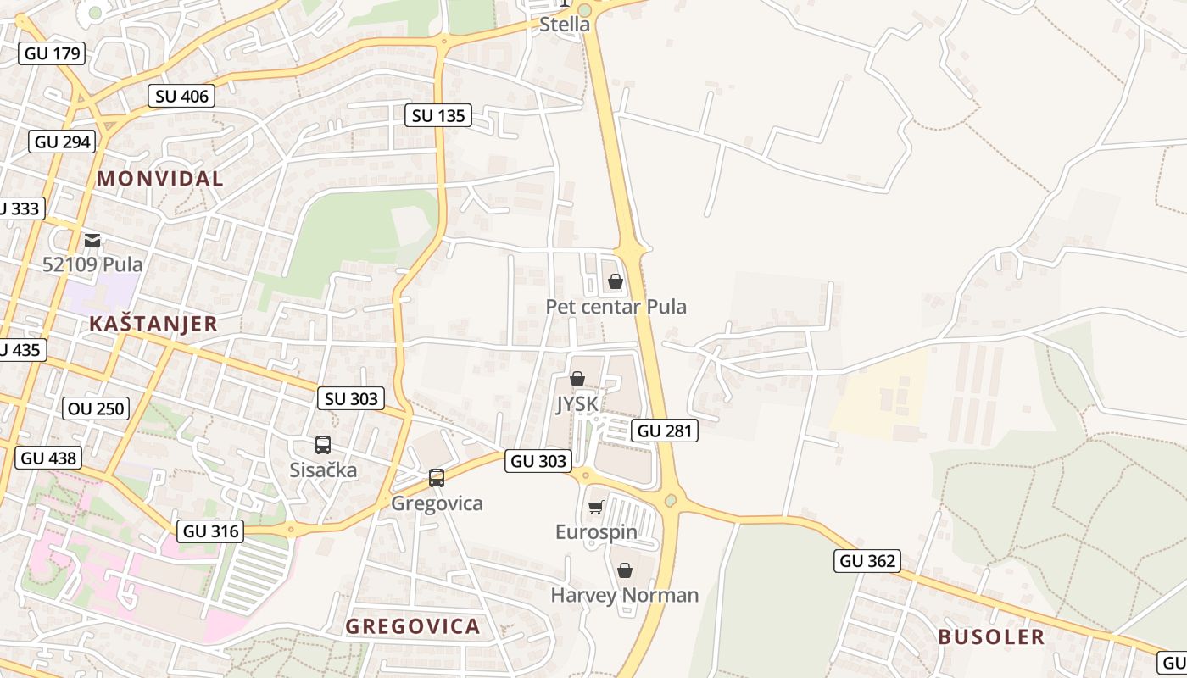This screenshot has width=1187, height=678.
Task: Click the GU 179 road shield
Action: [x=53, y=53]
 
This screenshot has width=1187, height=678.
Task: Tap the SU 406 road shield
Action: [x=181, y=96]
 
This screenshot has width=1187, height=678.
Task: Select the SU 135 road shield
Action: [x=438, y=115]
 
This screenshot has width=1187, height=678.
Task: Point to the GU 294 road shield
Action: [x=63, y=142]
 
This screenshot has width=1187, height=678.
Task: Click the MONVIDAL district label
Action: [x=160, y=179]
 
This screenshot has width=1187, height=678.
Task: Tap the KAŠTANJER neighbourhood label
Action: [x=153, y=324]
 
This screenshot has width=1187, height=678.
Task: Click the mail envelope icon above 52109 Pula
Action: [x=92, y=241]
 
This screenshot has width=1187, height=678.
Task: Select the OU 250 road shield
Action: [x=98, y=408]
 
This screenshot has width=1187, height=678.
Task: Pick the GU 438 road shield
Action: [x=48, y=458]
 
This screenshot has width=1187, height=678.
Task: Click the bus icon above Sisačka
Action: [x=323, y=445]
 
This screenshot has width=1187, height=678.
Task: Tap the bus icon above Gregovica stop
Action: [x=437, y=478]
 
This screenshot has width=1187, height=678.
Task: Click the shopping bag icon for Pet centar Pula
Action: [x=616, y=281]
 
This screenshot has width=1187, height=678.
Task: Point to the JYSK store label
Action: [x=577, y=404]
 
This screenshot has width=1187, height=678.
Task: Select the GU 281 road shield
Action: [x=665, y=431]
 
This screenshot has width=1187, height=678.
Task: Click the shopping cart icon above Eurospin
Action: [x=596, y=507]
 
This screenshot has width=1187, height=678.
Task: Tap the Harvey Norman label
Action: [x=625, y=595]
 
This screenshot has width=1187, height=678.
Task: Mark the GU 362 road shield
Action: [x=867, y=560]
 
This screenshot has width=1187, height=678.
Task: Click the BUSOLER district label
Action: [x=991, y=637]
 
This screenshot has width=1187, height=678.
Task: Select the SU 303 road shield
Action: [x=351, y=398]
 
